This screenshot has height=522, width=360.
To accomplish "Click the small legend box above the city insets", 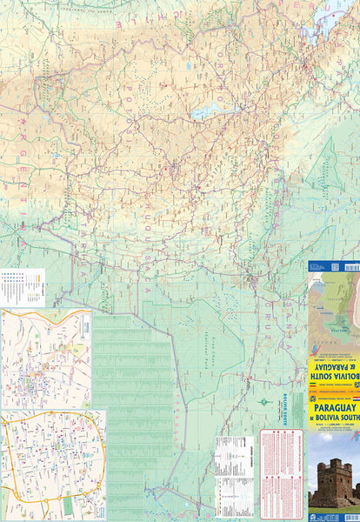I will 23,283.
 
